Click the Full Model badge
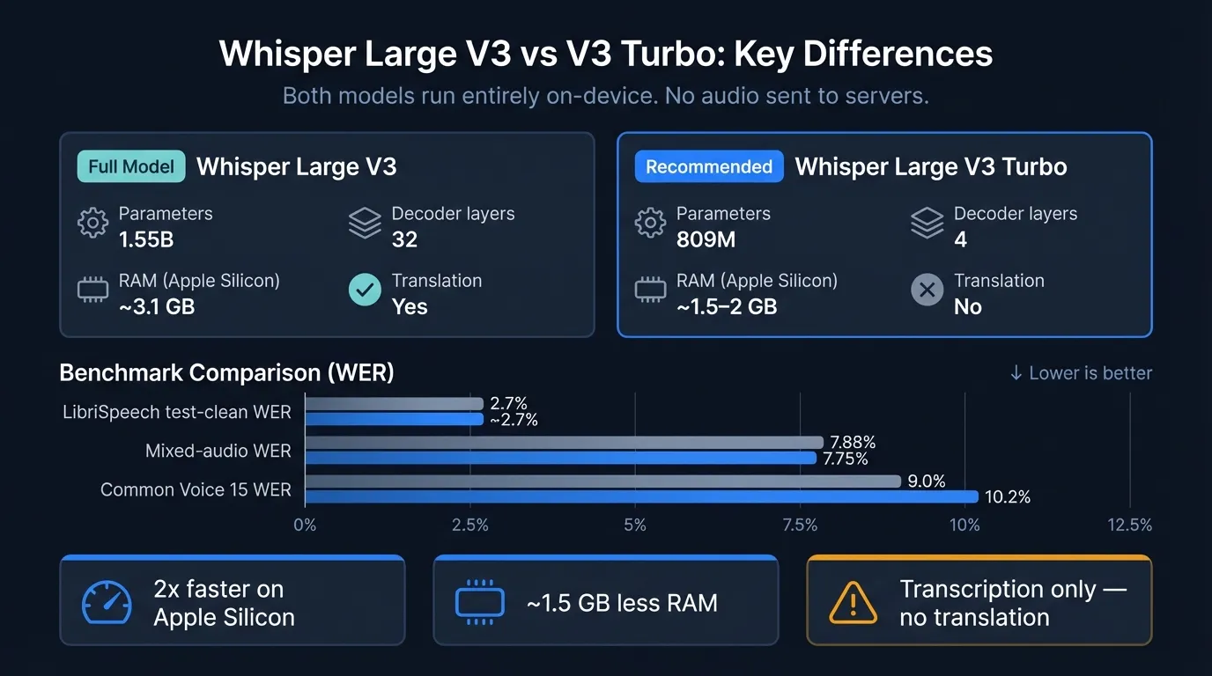pyautogui.click(x=131, y=166)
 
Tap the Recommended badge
pyautogui.click(x=709, y=166)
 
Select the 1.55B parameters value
pyautogui.click(x=146, y=239)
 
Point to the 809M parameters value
pyautogui.click(x=706, y=239)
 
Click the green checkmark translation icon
pyautogui.click(x=365, y=290)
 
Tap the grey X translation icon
pyautogui.click(x=927, y=290)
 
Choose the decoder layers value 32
pyautogui.click(x=404, y=239)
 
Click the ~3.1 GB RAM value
pyautogui.click(x=157, y=306)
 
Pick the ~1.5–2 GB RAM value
pyautogui.click(x=727, y=306)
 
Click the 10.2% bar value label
pyautogui.click(x=1007, y=497)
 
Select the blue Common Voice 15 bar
pyautogui.click(x=641, y=496)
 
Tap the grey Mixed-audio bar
pyautogui.click(x=564, y=442)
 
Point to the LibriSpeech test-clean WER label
pyautogui.click(x=177, y=412)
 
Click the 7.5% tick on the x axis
pyautogui.click(x=800, y=525)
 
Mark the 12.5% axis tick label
pyautogui.click(x=1129, y=525)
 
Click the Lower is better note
pyautogui.click(x=1081, y=373)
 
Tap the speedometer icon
pyautogui.click(x=107, y=602)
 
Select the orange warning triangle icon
pyautogui.click(x=853, y=602)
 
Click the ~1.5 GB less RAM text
pyautogui.click(x=622, y=603)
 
